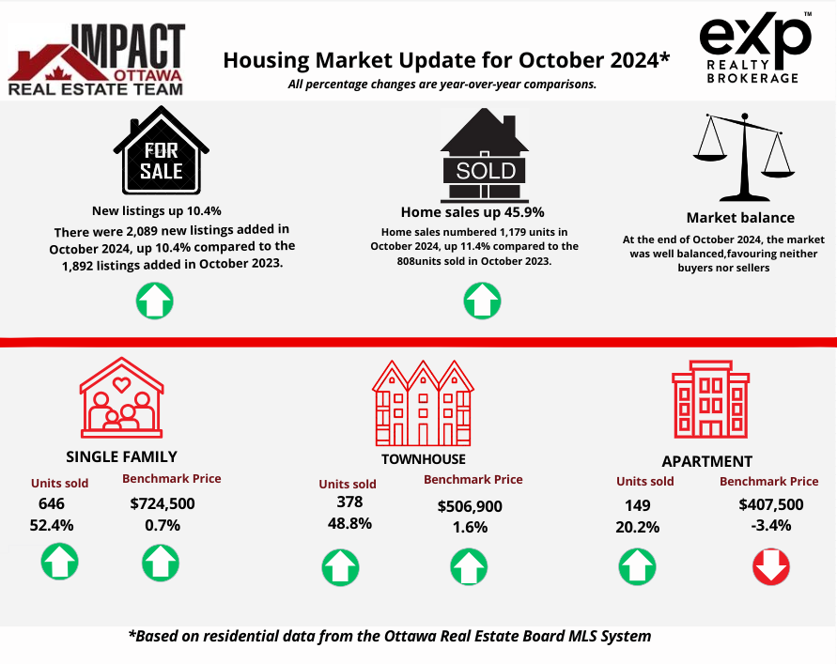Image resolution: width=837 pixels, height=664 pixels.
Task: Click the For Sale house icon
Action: coord(161,150)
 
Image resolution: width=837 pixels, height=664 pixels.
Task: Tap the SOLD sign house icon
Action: coord(484,155)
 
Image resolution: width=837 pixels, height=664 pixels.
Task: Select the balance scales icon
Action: coord(744,157)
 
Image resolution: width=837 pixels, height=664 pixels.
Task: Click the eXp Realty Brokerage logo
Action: coord(755,48)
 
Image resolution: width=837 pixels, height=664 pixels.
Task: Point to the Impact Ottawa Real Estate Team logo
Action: coord(97,59)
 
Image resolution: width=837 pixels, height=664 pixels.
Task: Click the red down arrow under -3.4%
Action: coord(771,567)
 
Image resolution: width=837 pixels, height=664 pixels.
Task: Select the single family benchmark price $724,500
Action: coord(163,503)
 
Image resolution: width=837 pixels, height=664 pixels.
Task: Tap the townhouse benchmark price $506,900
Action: coord(470,506)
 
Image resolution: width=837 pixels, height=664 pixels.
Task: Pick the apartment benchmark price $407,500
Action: coord(771,504)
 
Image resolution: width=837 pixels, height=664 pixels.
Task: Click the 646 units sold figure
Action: coord(52,503)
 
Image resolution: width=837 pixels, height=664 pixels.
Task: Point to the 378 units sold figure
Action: coord(349,502)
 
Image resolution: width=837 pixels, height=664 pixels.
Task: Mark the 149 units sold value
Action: coord(637,505)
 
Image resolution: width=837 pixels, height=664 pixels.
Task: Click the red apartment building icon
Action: coord(710,399)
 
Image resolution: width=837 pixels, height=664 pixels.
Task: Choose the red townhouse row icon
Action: coord(423,403)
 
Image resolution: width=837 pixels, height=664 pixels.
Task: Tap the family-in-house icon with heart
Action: coord(122,397)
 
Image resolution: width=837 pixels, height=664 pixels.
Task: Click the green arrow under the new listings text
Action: coord(155,301)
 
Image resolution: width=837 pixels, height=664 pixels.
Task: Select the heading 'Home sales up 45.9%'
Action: coord(473,212)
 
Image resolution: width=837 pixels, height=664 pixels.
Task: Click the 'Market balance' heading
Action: coord(740,218)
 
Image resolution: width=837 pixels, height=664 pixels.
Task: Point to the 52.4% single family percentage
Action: coord(52,526)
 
